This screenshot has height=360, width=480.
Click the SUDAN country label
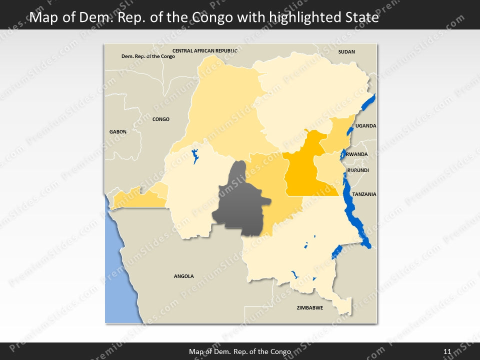(346, 51)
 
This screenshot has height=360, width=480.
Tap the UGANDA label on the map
(365, 126)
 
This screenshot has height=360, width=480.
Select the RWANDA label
(356, 154)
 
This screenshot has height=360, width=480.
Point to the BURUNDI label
(358, 170)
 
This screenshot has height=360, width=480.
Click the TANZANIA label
(364, 194)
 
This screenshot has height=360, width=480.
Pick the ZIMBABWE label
(309, 307)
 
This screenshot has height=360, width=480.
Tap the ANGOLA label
(183, 276)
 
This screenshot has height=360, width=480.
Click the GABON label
(118, 131)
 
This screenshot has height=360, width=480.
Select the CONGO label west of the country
(160, 119)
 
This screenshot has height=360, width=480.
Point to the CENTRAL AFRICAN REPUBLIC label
(204, 50)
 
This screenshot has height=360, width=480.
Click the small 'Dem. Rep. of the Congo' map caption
(148, 56)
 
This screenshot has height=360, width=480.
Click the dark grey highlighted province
(240, 200)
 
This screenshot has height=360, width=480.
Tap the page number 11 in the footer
(447, 351)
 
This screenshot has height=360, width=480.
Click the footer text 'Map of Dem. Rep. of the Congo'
(240, 351)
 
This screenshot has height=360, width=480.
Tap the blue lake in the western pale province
(195, 156)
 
